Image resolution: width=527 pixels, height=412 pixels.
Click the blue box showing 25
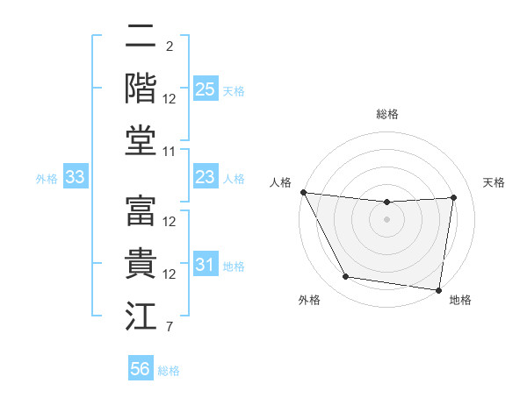coord(205,89)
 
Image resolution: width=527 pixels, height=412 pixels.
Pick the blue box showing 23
coord(205,177)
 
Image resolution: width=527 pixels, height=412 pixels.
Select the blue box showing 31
coord(205,265)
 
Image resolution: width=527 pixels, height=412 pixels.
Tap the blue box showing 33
coord(75,177)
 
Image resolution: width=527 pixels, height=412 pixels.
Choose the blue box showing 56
coord(141,369)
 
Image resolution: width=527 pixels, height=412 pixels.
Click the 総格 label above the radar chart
coord(386,114)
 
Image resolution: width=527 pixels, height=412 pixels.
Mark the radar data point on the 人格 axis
coord(303,192)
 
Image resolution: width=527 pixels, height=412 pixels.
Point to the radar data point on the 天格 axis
coord(454,197)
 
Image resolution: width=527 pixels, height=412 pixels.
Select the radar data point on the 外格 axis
coord(345,277)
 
